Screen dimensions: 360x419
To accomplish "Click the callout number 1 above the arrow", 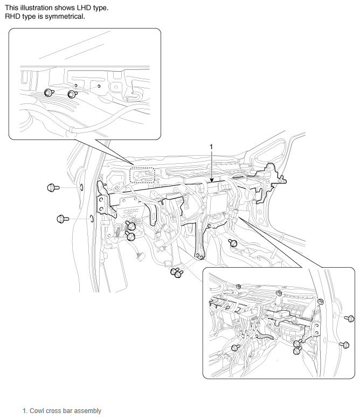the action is [211, 146].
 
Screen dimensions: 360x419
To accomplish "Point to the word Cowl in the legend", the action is [35, 411].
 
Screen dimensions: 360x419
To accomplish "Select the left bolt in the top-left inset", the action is [49, 93].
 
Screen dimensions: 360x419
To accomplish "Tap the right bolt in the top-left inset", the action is [72, 94].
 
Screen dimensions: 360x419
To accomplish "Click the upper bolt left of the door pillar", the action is [52, 187].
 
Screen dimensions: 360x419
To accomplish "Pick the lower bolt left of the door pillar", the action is [63, 219].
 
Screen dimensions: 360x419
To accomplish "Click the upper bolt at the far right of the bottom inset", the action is [350, 318].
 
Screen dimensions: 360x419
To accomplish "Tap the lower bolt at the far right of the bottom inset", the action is [344, 345].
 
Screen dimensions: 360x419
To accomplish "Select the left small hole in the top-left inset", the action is [75, 85].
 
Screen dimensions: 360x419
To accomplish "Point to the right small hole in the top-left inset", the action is [99, 86].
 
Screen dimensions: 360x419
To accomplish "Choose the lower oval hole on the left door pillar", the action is [92, 218].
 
